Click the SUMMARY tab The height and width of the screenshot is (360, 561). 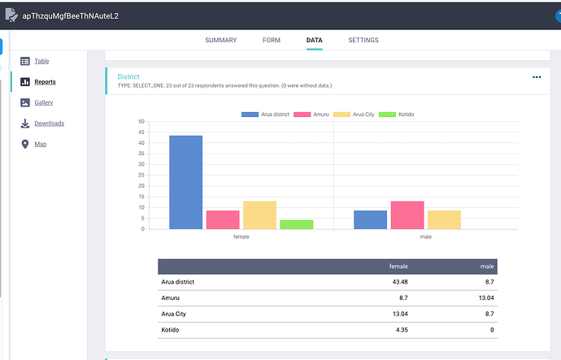click(221, 40)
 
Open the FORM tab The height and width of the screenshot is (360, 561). click(272, 40)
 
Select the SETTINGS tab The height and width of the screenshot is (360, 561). click(363, 40)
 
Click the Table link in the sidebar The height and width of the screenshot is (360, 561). click(41, 61)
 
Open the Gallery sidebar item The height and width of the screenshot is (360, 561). click(44, 102)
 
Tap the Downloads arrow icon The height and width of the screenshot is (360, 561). click(25, 124)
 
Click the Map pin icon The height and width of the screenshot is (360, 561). click(25, 144)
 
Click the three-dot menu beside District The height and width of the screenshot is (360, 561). click(537, 77)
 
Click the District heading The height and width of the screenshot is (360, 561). click(128, 76)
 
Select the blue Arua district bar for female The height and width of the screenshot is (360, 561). click(185, 182)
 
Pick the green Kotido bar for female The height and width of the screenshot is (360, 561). click(297, 224)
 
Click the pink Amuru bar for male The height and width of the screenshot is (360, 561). click(407, 215)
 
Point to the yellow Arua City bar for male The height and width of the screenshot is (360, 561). click(445, 220)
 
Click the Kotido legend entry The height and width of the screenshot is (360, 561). click(397, 115)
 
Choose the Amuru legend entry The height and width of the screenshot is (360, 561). click(311, 115)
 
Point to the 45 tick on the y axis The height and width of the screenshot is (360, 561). click(141, 132)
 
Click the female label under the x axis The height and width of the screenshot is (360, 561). click(241, 236)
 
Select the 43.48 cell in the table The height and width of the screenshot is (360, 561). click(400, 282)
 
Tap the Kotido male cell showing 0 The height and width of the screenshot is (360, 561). click(492, 330)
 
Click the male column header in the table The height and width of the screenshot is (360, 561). click(487, 267)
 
